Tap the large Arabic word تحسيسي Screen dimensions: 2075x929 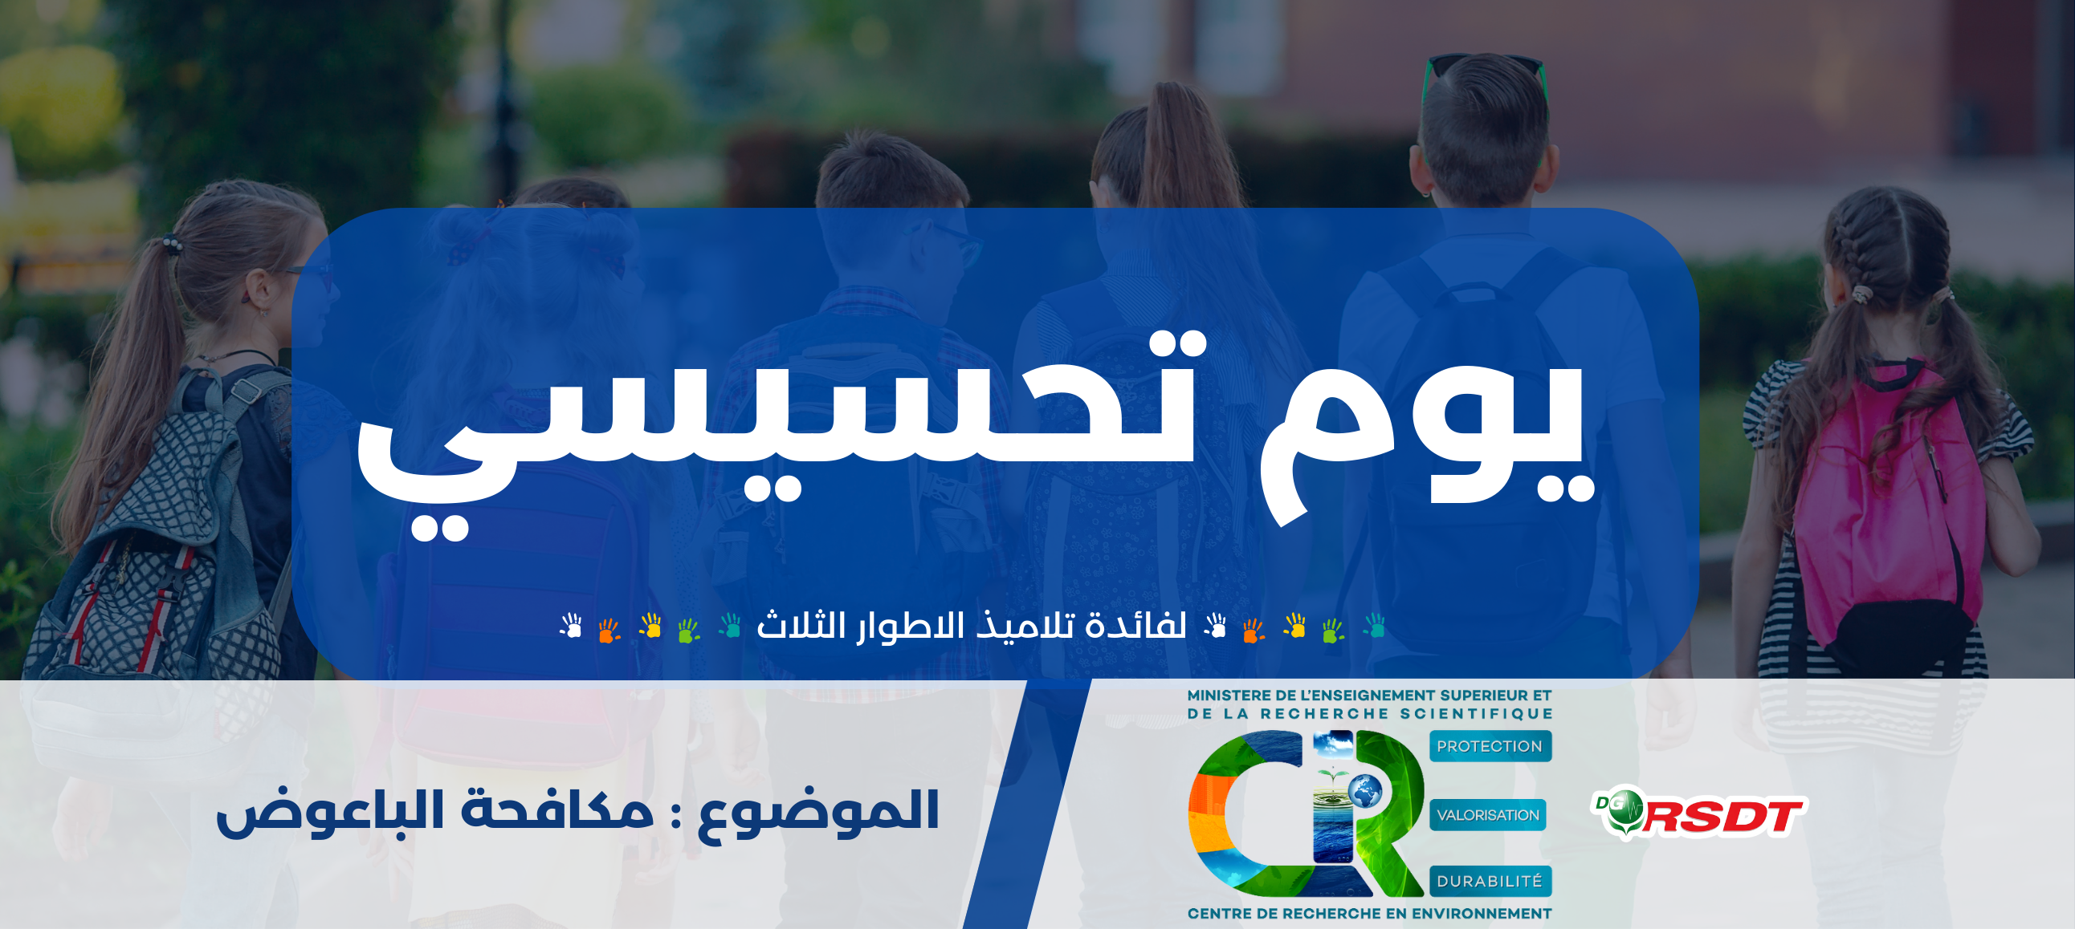click(x=781, y=435)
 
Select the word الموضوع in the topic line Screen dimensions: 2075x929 click(x=817, y=811)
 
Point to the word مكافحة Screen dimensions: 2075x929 click(x=557, y=809)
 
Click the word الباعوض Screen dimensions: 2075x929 click(x=330, y=811)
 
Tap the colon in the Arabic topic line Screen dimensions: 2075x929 click(x=676, y=815)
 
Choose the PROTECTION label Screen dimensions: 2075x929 click(x=1490, y=746)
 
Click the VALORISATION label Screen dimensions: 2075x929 click(x=1488, y=815)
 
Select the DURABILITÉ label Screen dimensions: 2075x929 click(x=1490, y=882)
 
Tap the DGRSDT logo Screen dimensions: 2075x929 click(x=1700, y=815)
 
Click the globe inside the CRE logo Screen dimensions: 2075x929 click(x=1364, y=791)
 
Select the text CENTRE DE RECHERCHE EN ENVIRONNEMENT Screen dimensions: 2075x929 click(x=1369, y=914)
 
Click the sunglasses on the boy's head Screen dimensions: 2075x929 click(x=1484, y=68)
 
